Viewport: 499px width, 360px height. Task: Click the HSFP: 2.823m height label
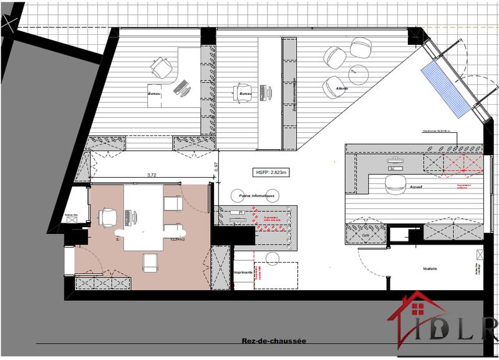tap(273, 172)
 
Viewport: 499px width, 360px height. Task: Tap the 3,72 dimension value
tap(151, 175)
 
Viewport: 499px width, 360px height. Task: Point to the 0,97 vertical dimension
tap(216, 167)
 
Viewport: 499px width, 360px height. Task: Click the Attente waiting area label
tap(341, 89)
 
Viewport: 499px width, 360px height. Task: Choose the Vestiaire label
tap(429, 268)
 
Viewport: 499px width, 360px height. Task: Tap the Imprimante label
tap(243, 273)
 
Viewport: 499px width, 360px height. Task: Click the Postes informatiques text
tap(256, 195)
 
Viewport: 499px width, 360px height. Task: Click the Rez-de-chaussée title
tap(274, 341)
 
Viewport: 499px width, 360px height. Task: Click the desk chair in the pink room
tap(109, 217)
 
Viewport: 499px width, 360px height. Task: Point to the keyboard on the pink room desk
tap(132, 218)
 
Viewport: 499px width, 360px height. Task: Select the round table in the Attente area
tap(359, 75)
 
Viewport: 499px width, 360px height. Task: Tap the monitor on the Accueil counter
tap(395, 160)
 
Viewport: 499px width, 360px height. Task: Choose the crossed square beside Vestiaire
tap(479, 255)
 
